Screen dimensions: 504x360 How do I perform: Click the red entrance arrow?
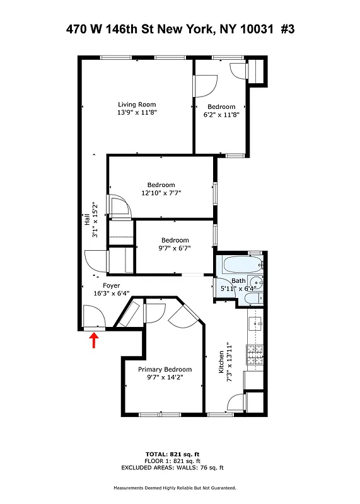[x=95, y=341]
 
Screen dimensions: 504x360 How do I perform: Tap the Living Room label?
[x=137, y=105]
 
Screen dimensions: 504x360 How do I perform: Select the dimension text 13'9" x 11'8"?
[x=137, y=113]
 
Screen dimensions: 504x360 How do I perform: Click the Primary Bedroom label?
[x=165, y=370]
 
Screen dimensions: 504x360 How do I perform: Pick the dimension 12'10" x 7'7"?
[x=161, y=193]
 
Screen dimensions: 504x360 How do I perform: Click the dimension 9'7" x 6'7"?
[x=175, y=248]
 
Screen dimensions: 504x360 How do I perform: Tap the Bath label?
[x=238, y=281]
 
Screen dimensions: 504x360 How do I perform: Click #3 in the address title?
[x=287, y=30]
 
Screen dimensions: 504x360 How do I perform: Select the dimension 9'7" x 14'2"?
[x=165, y=378]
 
